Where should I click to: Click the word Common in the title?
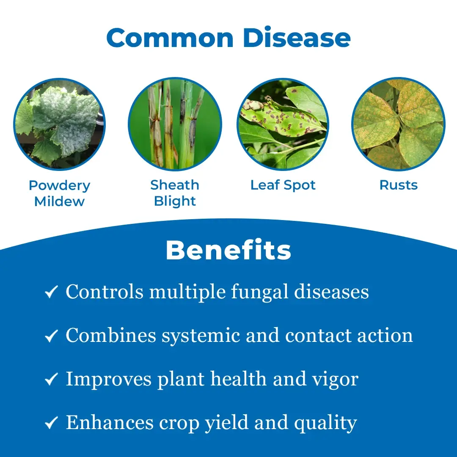point(170,38)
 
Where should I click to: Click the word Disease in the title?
point(297,38)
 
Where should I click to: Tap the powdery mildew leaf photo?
point(60,124)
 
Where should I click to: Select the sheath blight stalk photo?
point(175,124)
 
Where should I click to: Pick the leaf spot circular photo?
point(283,124)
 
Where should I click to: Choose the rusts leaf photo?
point(399,124)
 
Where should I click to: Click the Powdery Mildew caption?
point(60,193)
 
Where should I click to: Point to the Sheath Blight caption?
point(175,193)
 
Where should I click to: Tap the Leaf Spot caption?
point(283,185)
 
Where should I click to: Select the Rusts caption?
point(399,185)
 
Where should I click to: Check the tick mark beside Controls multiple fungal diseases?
point(51,292)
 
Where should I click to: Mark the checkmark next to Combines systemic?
point(51,336)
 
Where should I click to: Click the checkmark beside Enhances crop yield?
point(51,423)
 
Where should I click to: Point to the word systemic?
point(201,336)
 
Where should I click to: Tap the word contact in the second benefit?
point(319,336)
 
